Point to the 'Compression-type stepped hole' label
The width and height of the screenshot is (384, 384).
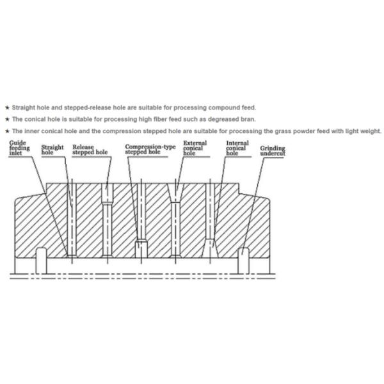point(149,150)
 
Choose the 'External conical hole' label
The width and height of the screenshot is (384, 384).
point(193,148)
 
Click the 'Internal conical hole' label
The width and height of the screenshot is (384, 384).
point(236,148)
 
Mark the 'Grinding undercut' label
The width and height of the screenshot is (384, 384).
point(272,151)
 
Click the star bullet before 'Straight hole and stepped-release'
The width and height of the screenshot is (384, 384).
point(6,108)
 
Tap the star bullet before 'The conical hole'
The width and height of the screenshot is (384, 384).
point(6,119)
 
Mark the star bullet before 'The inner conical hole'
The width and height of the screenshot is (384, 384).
point(6,131)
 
